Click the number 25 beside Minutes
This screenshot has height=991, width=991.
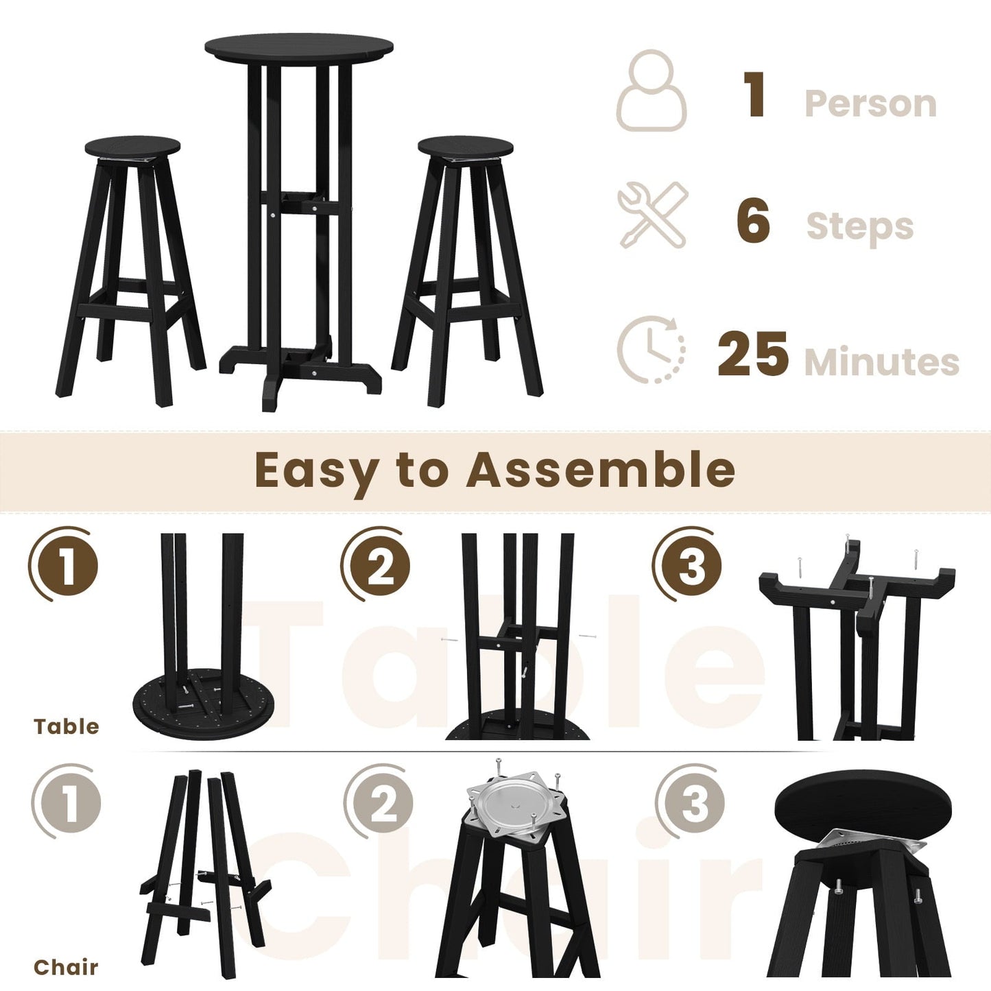[x=752, y=355]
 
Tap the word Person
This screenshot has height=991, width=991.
[x=870, y=104]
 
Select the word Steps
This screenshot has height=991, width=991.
[x=859, y=226]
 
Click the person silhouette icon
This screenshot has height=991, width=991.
[x=651, y=91]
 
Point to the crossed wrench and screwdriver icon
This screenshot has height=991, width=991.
[x=653, y=215]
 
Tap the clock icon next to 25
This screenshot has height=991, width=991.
[x=651, y=349]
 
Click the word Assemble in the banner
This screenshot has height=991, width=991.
[x=601, y=470]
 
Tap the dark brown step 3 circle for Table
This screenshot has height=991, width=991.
[x=690, y=566]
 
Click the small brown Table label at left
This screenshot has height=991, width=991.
[x=66, y=726]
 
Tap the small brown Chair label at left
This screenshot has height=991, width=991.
[x=66, y=967]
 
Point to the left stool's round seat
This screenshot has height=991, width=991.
[x=132, y=146]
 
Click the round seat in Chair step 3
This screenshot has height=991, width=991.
[x=863, y=807]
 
